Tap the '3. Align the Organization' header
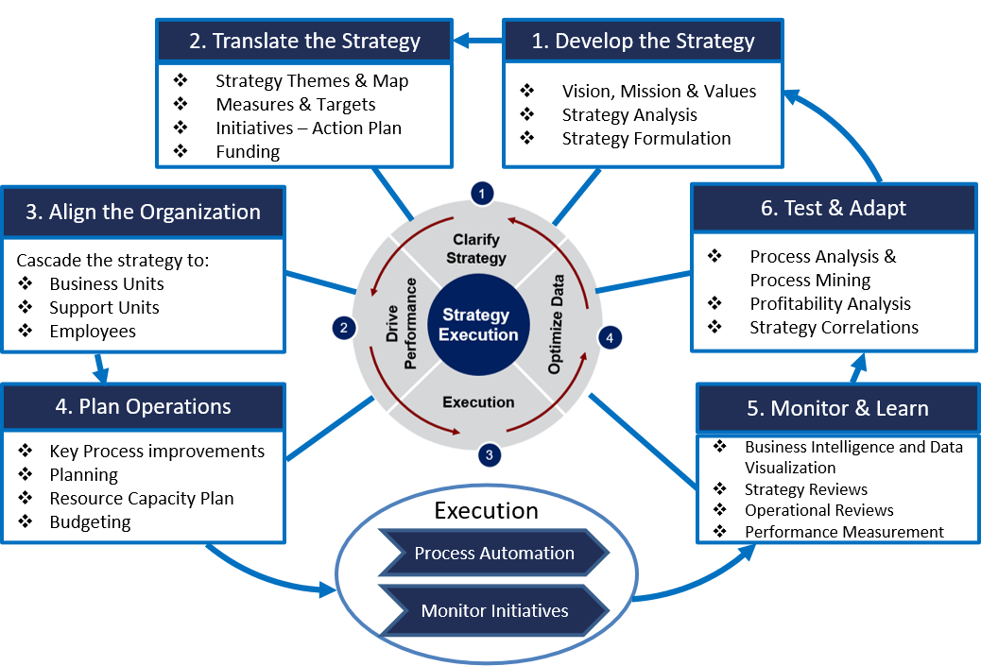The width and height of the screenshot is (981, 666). point(143,212)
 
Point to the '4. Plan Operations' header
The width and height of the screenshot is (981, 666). point(143,407)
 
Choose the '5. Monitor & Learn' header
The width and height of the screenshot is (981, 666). point(837,408)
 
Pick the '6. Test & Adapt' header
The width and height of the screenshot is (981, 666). point(833,208)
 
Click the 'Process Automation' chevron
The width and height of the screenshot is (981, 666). point(493,553)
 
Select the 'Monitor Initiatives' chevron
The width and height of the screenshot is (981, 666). point(493,610)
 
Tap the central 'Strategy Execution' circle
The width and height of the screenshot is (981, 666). point(479,324)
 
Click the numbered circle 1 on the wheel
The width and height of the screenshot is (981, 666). point(482,194)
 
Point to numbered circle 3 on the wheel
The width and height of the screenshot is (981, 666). point(489,454)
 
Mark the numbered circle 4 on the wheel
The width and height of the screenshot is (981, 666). point(611,337)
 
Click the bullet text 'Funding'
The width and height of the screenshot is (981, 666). point(248,152)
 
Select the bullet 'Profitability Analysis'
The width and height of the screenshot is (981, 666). point(830,303)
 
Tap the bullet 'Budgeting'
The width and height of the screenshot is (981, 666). point(90,522)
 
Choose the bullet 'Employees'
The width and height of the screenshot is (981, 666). point(93,332)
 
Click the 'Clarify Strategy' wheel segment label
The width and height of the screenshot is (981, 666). point(479,249)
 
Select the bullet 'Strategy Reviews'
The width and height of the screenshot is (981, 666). point(805,489)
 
